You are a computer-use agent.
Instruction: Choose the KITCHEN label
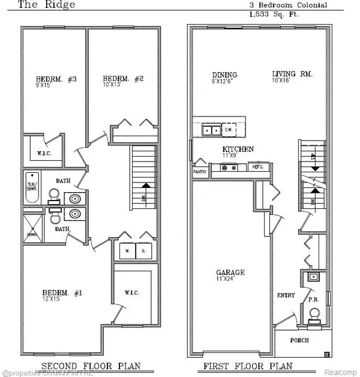tap(238, 149)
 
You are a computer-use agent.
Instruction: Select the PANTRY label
tap(200, 171)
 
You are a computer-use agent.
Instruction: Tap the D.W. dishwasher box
tap(228, 128)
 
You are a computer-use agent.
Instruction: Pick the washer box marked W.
tap(127, 250)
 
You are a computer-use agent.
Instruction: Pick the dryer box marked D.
tap(143, 250)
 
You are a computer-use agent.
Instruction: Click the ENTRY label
tap(284, 295)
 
